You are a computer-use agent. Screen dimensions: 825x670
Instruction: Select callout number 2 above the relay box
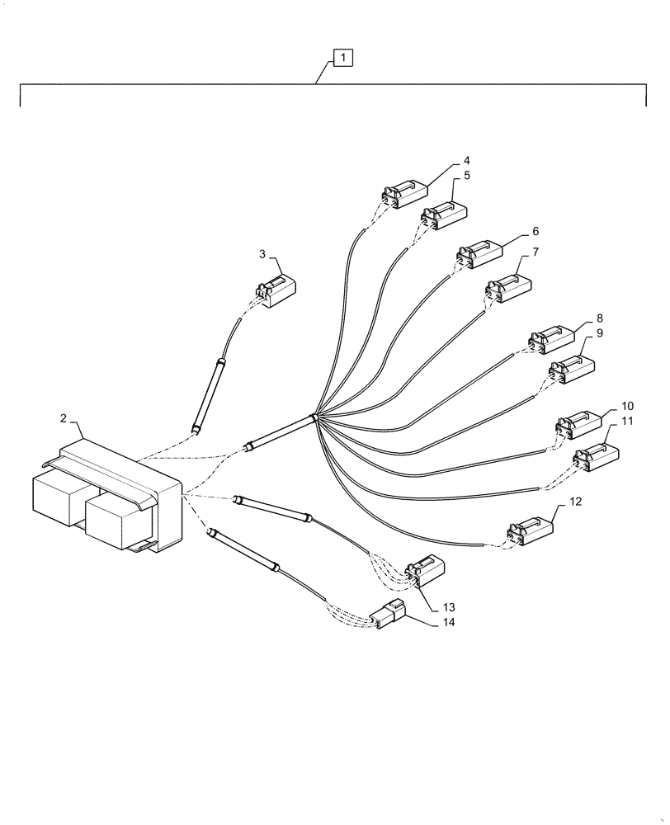[64, 419]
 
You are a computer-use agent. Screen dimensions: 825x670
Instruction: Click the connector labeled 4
[404, 194]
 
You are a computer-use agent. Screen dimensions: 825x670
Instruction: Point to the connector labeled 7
[508, 285]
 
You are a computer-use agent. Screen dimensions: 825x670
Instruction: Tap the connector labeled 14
[389, 616]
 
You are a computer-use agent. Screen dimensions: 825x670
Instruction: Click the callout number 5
[466, 176]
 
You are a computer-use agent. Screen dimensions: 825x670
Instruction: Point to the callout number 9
[599, 332]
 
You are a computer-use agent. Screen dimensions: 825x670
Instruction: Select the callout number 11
[627, 421]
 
